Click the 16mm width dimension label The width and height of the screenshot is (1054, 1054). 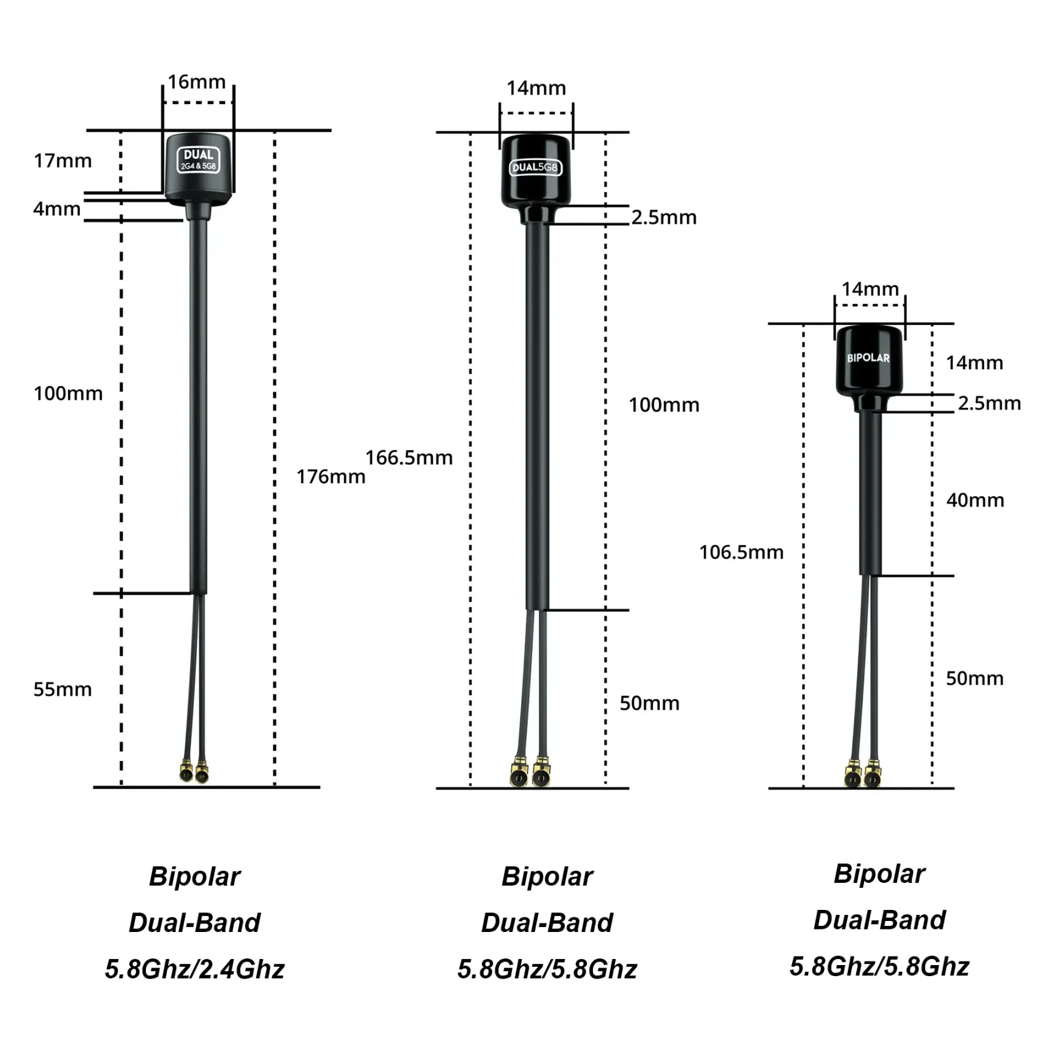[197, 82]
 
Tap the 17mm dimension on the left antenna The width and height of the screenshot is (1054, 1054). [63, 161]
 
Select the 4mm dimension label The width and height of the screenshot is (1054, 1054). [57, 209]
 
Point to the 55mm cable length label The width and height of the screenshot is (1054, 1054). [63, 689]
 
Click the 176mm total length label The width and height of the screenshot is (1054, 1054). [331, 476]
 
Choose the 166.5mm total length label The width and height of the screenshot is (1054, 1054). [409, 457]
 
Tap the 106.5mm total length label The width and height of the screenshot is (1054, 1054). [741, 552]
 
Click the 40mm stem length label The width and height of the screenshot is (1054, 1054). [975, 500]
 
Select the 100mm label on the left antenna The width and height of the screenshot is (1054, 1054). [68, 394]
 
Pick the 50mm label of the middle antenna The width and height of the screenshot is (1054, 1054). [649, 703]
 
